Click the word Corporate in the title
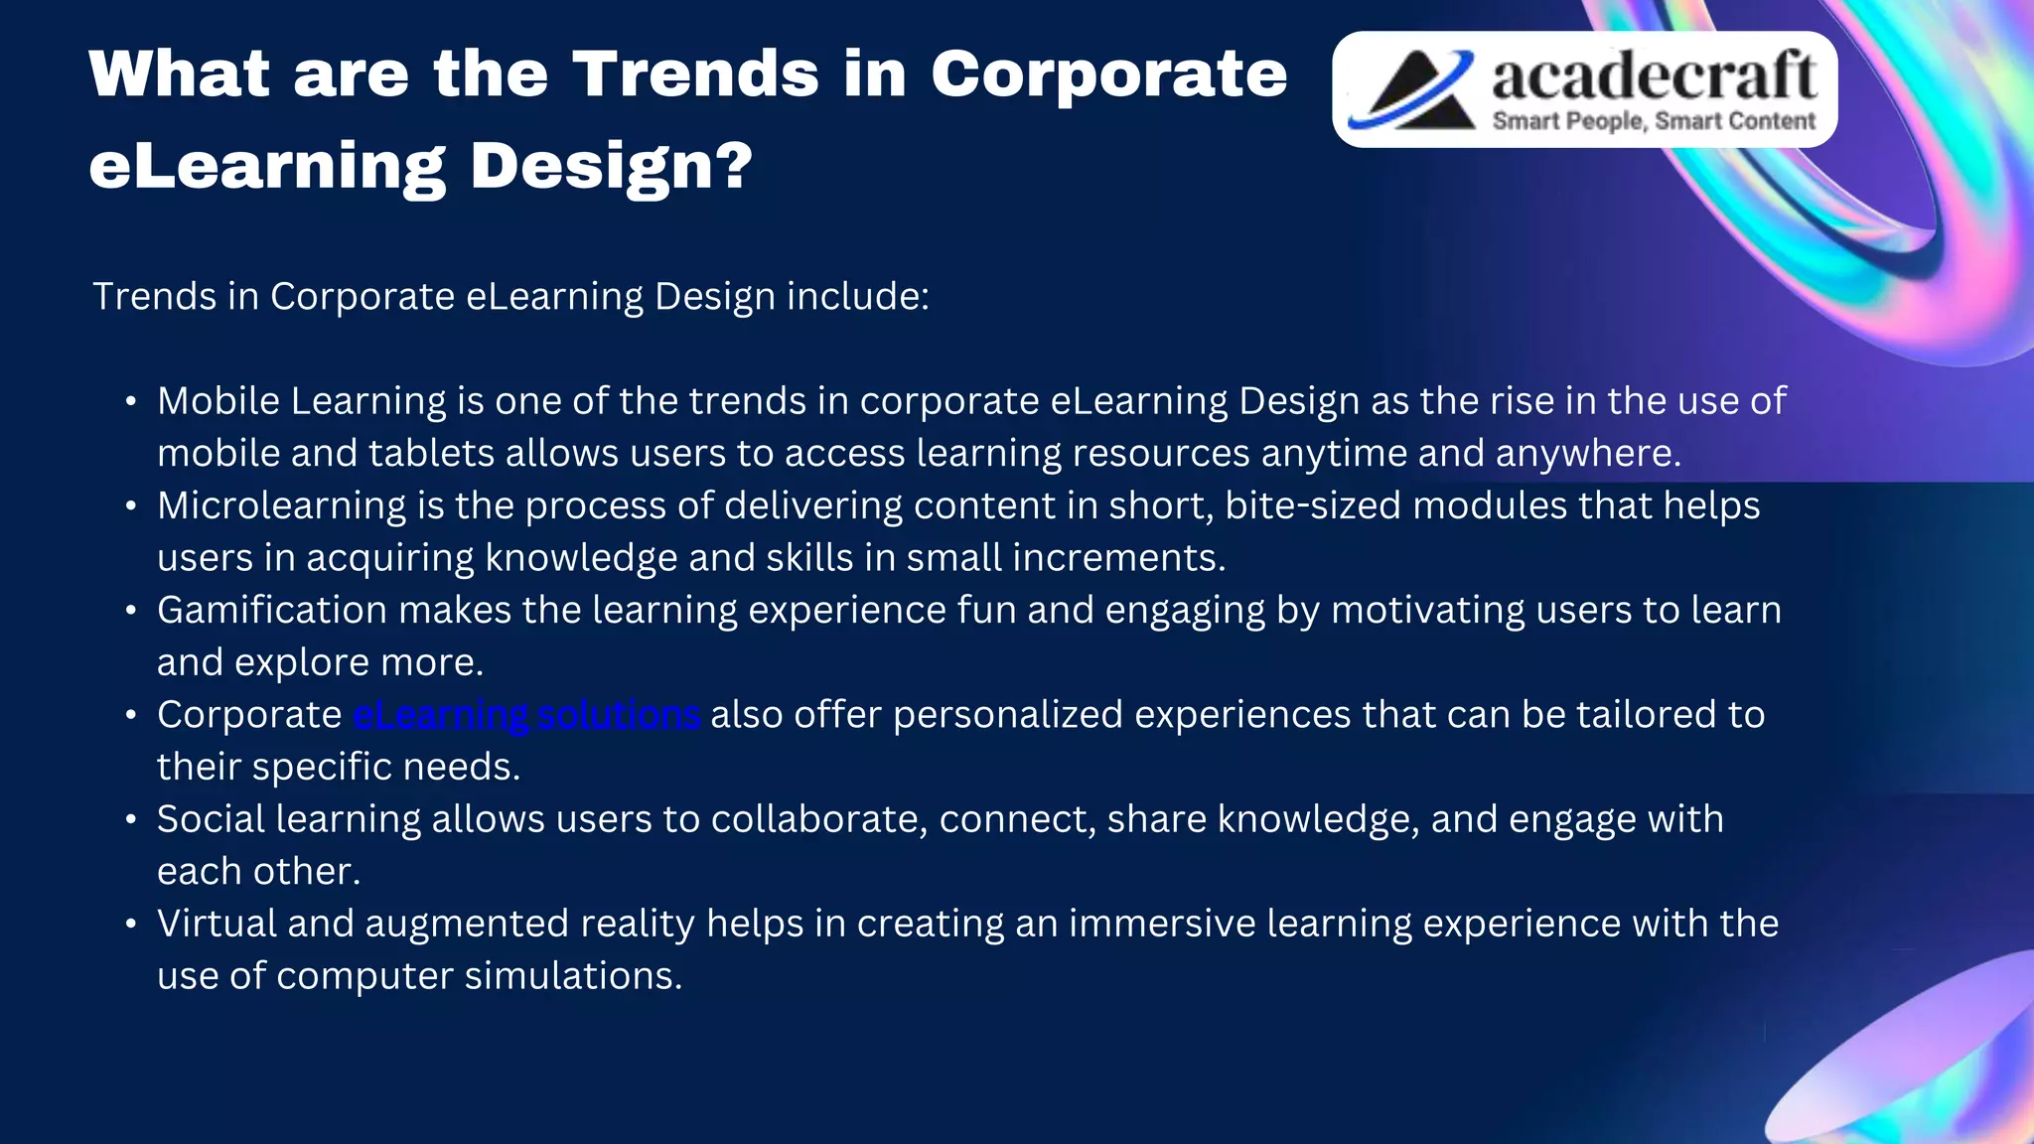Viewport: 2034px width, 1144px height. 1108,75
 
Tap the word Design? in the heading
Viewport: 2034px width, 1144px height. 611,167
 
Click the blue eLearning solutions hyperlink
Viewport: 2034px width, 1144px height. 526,715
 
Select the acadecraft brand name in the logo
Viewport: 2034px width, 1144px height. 1654,75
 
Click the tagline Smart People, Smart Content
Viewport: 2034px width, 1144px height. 1654,121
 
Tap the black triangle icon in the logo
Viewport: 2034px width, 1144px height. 1415,91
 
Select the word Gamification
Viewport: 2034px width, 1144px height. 272,611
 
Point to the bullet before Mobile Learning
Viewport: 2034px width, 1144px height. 131,402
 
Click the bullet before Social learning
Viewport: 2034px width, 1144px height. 131,820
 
